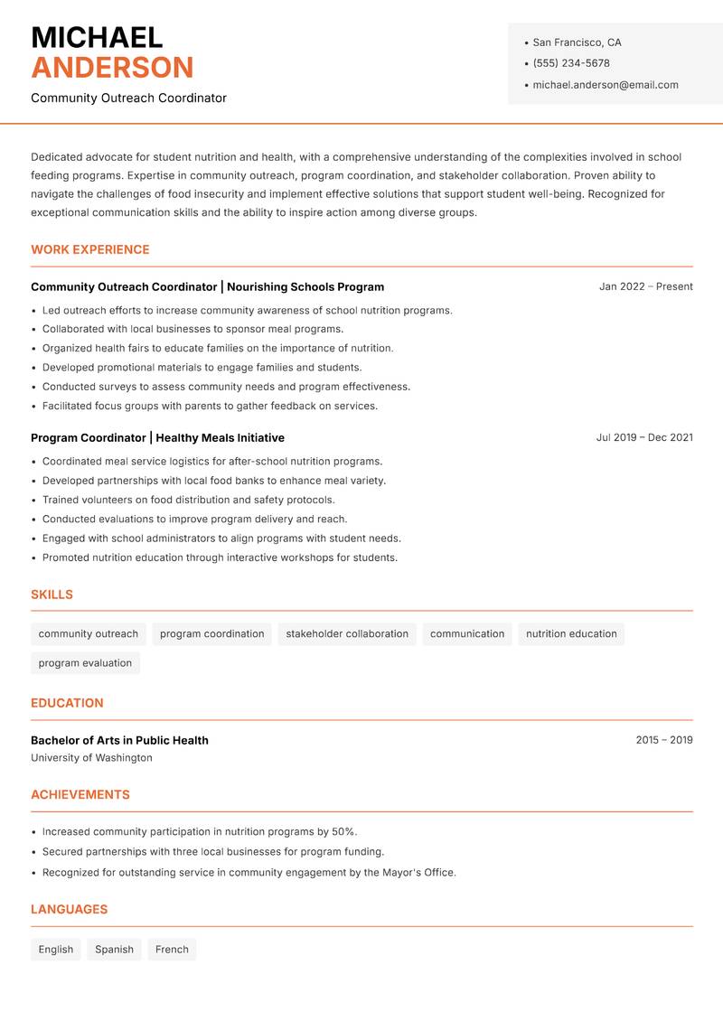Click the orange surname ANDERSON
(x=112, y=68)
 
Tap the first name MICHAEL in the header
(x=97, y=38)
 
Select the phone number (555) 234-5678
(x=571, y=63)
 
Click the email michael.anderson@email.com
(x=605, y=85)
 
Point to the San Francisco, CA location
(x=577, y=42)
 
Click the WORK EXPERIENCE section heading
(x=90, y=249)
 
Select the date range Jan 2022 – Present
(x=645, y=286)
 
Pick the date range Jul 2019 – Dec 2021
(x=644, y=437)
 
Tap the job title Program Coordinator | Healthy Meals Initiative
(x=157, y=437)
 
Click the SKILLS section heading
(x=52, y=595)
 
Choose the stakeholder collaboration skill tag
(x=347, y=634)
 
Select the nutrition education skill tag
(x=571, y=634)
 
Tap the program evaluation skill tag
(x=85, y=663)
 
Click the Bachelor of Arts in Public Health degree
(x=119, y=740)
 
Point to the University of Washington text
(x=91, y=758)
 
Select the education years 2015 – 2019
(x=663, y=740)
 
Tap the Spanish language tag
(x=114, y=950)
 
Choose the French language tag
(x=172, y=950)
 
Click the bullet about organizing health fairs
(x=218, y=348)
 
